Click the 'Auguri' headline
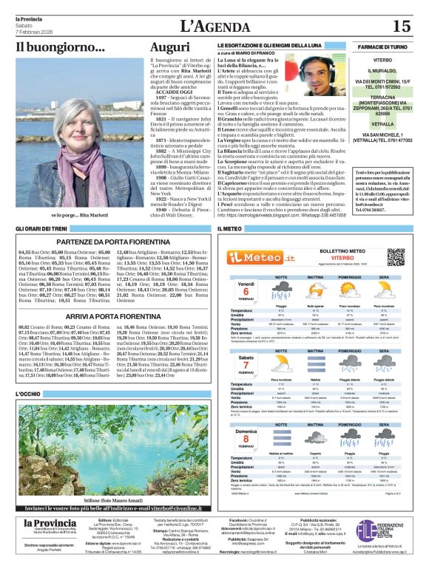coord(169,47)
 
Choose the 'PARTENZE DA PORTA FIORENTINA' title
coord(113,242)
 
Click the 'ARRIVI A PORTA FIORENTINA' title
coord(113,315)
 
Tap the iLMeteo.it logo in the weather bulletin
coord(255,256)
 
